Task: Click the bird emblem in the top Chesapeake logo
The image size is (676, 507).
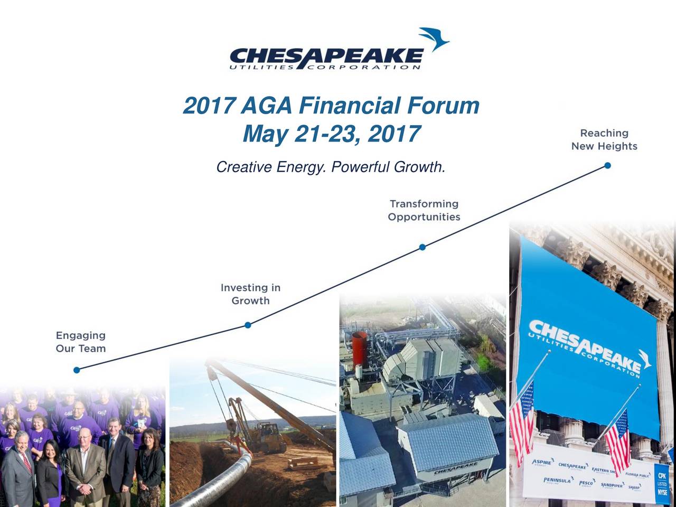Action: pos(434,39)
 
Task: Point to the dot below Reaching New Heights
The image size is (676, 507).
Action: pos(607,165)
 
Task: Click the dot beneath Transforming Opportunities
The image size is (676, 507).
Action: pos(422,247)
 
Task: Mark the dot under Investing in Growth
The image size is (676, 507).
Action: pos(248,325)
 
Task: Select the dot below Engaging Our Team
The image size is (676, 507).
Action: pos(77,370)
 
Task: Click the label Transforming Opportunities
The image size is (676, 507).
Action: pos(424,210)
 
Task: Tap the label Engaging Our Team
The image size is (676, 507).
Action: pos(81,342)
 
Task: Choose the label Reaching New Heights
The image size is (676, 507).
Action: pos(604,139)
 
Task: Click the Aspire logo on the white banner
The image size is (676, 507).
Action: pos(542,463)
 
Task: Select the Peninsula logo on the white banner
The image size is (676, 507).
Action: pos(557,481)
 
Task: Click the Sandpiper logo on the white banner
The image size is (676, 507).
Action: pos(612,485)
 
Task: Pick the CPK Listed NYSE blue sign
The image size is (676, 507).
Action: pos(662,482)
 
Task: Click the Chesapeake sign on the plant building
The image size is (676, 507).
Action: pos(455,468)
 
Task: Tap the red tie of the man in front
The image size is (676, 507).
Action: pos(27,463)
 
